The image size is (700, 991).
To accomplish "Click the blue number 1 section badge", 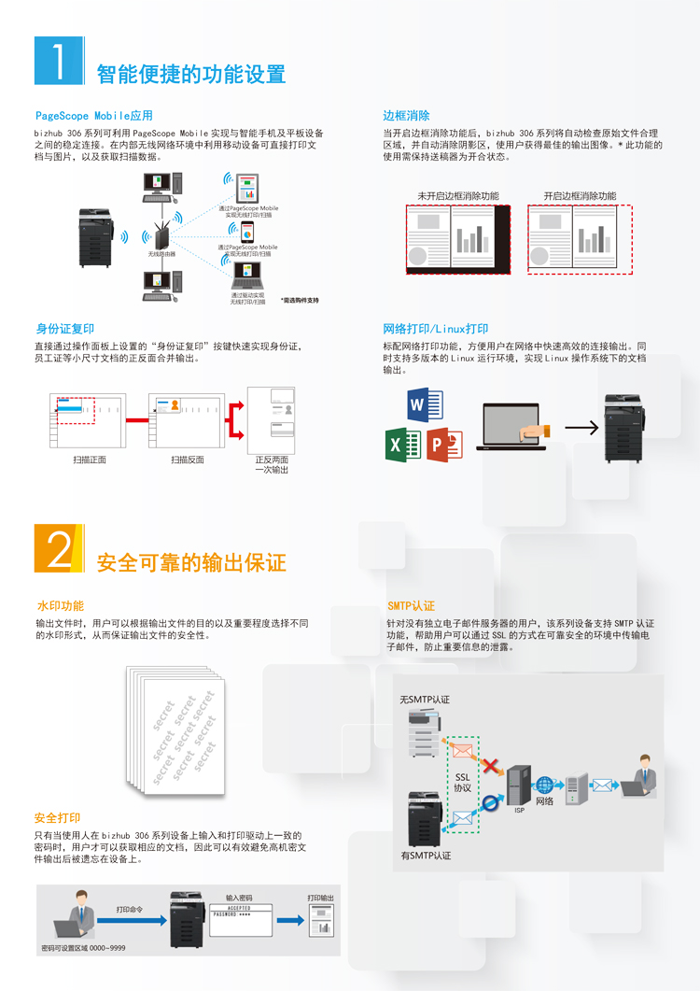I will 59,62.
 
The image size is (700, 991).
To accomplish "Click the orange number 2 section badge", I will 59,548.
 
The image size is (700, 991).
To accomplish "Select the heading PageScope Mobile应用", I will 93,116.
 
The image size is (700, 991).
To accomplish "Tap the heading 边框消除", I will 406,116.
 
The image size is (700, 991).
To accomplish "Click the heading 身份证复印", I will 65,329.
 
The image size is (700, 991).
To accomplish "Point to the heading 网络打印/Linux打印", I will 436,329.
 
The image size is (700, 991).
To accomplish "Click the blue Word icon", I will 425,404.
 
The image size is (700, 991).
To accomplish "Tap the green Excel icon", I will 403,444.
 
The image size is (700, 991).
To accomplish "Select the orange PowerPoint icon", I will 444,444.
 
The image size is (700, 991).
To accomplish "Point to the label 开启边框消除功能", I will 580,196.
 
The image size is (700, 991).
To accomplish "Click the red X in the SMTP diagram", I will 489,765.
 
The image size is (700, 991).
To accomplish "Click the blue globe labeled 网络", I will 545,785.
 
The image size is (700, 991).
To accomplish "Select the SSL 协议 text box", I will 463,783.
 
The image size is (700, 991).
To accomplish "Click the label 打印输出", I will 320,898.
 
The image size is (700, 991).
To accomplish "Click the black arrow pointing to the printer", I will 581,429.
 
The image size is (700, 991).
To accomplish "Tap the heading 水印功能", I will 60,606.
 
